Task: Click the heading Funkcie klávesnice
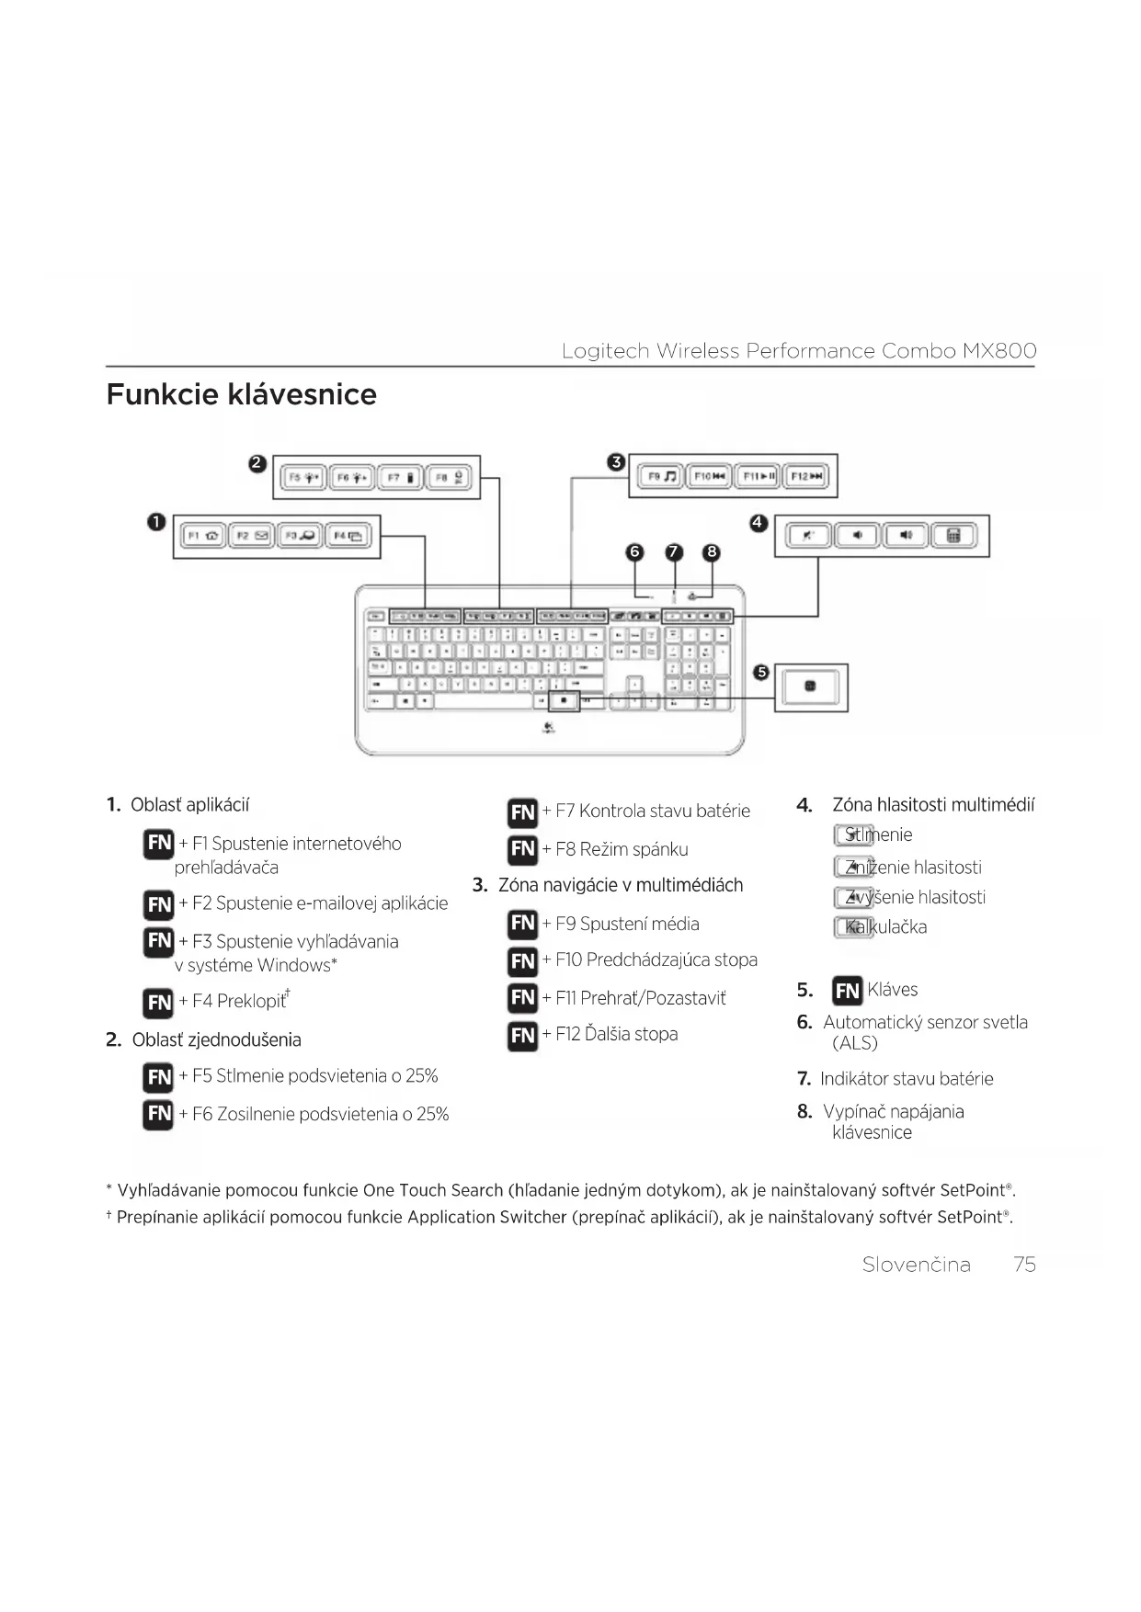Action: pyautogui.click(x=241, y=394)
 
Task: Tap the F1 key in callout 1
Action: pyautogui.click(x=203, y=536)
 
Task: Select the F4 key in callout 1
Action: pyautogui.click(x=349, y=536)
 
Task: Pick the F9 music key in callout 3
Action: pyautogui.click(x=660, y=476)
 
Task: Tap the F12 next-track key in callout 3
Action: pyautogui.click(x=808, y=476)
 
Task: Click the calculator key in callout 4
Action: pyautogui.click(x=953, y=536)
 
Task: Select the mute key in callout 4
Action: pyautogui.click(x=809, y=536)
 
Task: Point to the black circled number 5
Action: pyautogui.click(x=760, y=673)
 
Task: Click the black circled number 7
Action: pyautogui.click(x=674, y=552)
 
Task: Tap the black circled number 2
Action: pyautogui.click(x=257, y=464)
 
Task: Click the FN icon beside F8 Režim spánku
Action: pyautogui.click(x=522, y=849)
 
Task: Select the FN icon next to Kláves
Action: pyautogui.click(x=847, y=991)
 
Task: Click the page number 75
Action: pyautogui.click(x=1024, y=1265)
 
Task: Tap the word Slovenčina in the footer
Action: pyautogui.click(x=916, y=1265)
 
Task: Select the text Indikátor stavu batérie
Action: pyautogui.click(x=907, y=1079)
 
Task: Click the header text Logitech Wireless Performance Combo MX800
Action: pyautogui.click(x=798, y=351)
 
